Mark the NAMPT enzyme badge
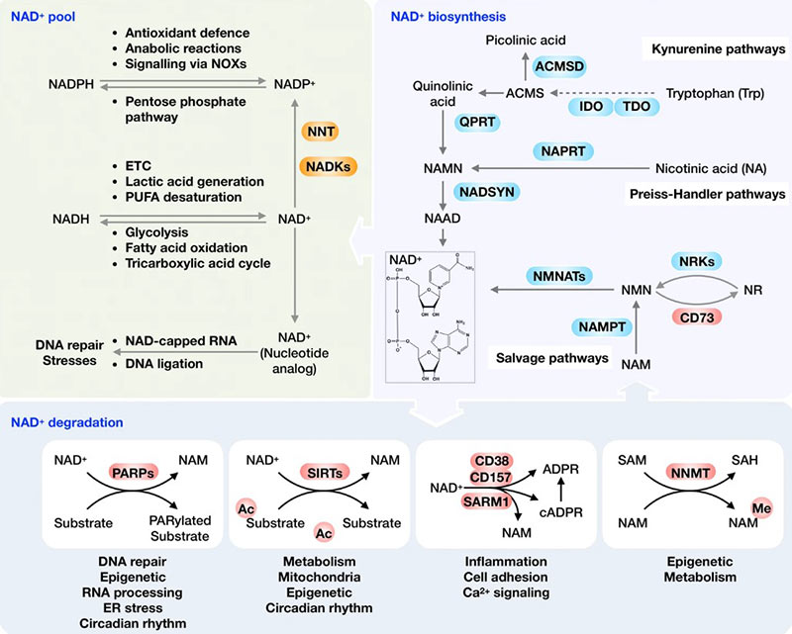coord(601,327)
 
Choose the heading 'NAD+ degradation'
coord(67,422)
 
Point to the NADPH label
coord(75,85)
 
